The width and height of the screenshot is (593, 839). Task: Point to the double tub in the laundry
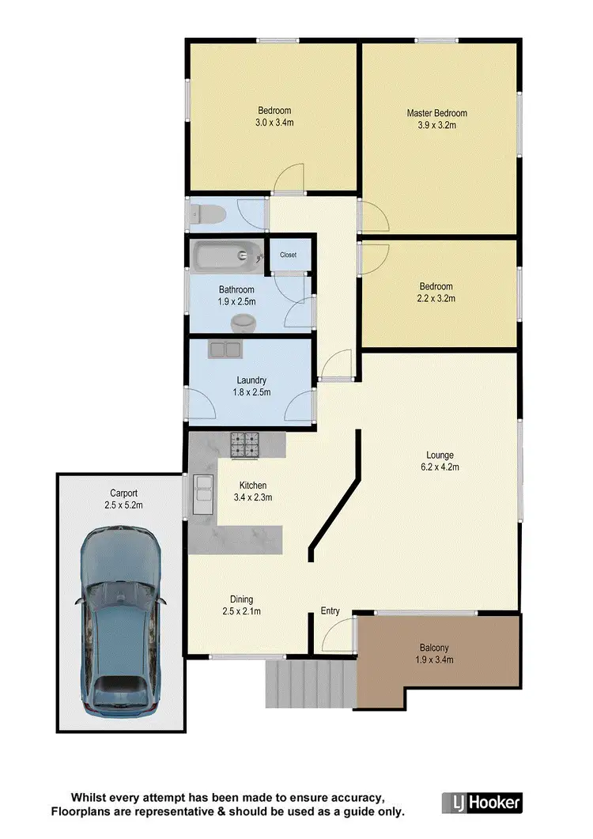[225, 349]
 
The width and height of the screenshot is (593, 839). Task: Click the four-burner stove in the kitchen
[244, 445]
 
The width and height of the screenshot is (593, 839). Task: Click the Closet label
[288, 255]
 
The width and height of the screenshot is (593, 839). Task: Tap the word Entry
[330, 610]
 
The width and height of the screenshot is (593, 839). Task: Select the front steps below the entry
[309, 683]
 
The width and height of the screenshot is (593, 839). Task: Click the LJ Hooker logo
[482, 803]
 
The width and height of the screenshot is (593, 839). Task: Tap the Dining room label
[241, 599]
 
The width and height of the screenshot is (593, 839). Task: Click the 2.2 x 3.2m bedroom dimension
[436, 299]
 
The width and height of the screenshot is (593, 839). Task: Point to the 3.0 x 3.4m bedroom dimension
[274, 123]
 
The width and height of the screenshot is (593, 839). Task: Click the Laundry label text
[251, 380]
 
